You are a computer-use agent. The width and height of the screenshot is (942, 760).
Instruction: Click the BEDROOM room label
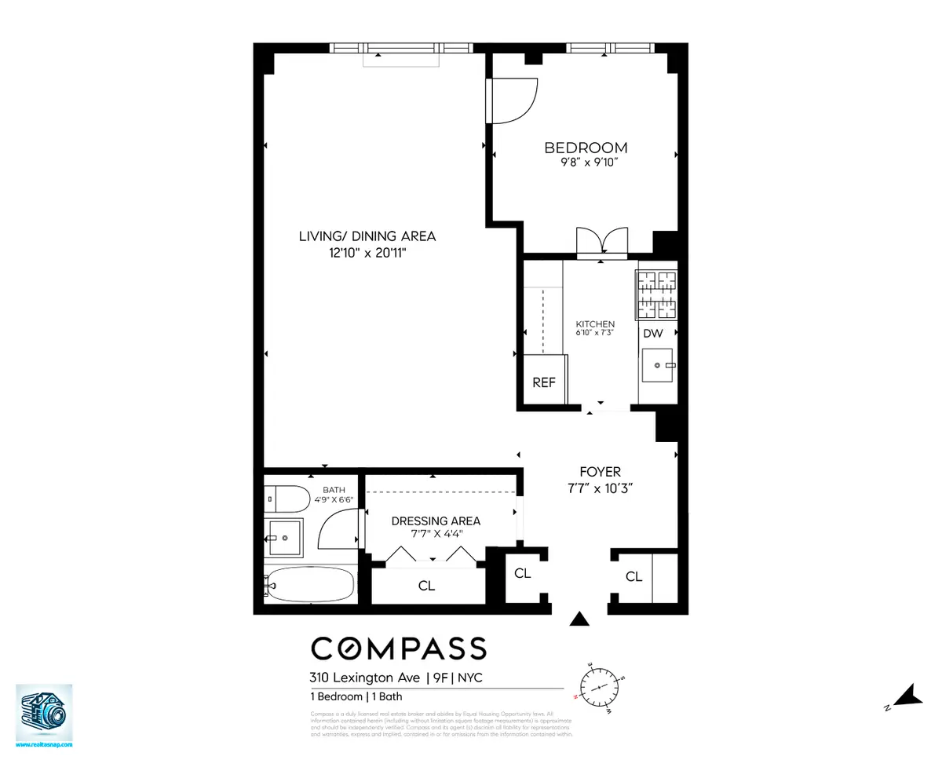(586, 148)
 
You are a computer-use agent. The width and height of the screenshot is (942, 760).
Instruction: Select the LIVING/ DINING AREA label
(367, 236)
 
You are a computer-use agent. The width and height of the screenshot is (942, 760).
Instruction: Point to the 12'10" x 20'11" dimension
(367, 252)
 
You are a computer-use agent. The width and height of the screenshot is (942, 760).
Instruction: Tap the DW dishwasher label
(653, 334)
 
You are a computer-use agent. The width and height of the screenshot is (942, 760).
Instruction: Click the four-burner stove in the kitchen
(656, 295)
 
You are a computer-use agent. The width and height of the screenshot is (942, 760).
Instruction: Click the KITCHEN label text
(595, 324)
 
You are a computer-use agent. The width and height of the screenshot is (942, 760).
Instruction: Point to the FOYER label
(600, 472)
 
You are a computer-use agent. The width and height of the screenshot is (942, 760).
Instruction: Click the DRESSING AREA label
(436, 521)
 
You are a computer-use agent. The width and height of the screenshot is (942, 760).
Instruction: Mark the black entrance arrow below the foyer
(579, 619)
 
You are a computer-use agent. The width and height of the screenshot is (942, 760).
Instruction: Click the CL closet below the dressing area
(426, 586)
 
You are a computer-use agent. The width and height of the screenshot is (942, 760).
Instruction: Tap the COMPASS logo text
(399, 649)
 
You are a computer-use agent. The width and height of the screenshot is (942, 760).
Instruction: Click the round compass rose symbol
(600, 686)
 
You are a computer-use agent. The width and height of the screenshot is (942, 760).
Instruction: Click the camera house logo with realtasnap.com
(44, 714)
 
